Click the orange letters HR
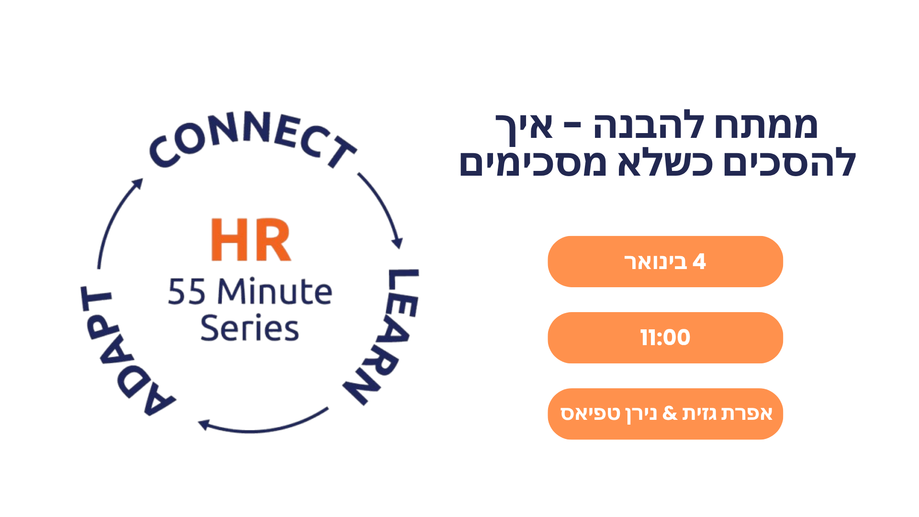(x=251, y=240)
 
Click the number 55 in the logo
(x=187, y=292)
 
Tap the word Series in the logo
(x=249, y=328)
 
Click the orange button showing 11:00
(x=665, y=337)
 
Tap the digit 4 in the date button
(x=699, y=262)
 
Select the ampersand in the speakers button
(x=670, y=413)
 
